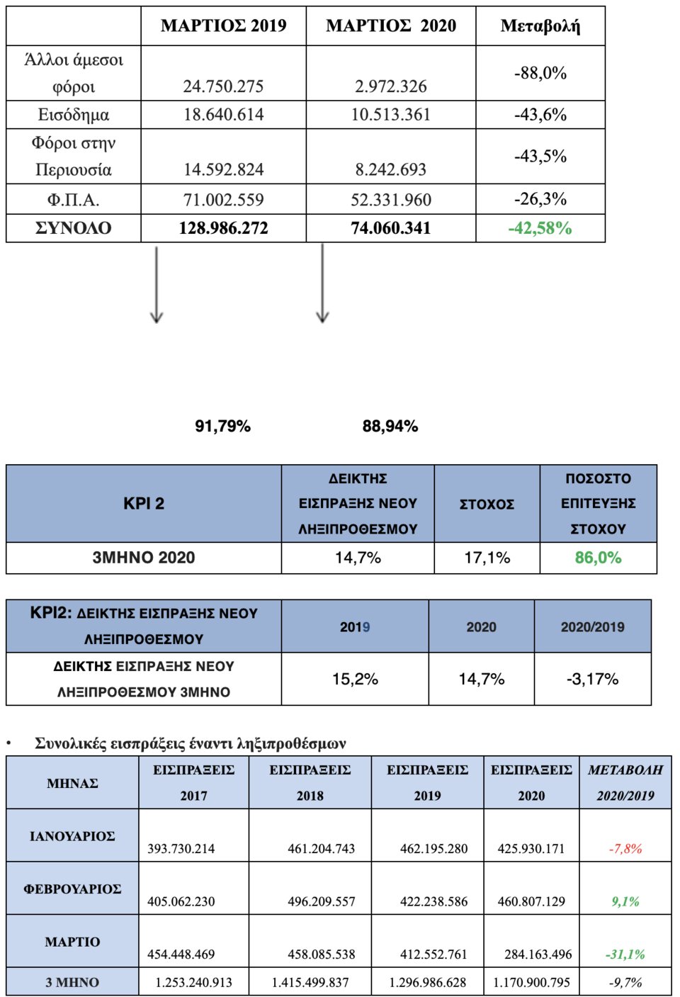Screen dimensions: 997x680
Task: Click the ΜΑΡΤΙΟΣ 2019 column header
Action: coord(223,26)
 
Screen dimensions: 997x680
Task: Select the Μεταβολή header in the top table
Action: coord(540,26)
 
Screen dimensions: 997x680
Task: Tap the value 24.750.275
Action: coord(223,86)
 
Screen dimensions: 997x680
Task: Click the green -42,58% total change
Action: coord(540,228)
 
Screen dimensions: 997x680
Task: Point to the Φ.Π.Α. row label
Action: coord(73,200)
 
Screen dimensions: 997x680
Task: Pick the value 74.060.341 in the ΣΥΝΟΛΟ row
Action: coord(390,228)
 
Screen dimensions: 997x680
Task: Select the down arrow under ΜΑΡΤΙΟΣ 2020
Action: coord(322,283)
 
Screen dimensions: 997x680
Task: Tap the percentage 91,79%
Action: coord(222,427)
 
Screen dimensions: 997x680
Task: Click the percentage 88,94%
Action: coord(390,427)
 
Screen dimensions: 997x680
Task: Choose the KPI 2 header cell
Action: coord(144,504)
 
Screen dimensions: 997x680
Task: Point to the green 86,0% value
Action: coord(598,558)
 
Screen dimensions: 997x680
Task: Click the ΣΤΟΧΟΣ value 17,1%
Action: coord(487,558)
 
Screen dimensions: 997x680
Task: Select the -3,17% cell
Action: coord(592,679)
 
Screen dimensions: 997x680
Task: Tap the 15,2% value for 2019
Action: coord(355,679)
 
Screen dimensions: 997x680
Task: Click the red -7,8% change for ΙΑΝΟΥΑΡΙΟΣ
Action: coord(625,848)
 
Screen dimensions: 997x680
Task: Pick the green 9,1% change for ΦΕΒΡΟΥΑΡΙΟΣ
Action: coord(625,901)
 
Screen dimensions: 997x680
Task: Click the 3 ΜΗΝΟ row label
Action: coord(72,983)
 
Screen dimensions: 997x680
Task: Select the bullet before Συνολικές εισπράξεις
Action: coord(9,743)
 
